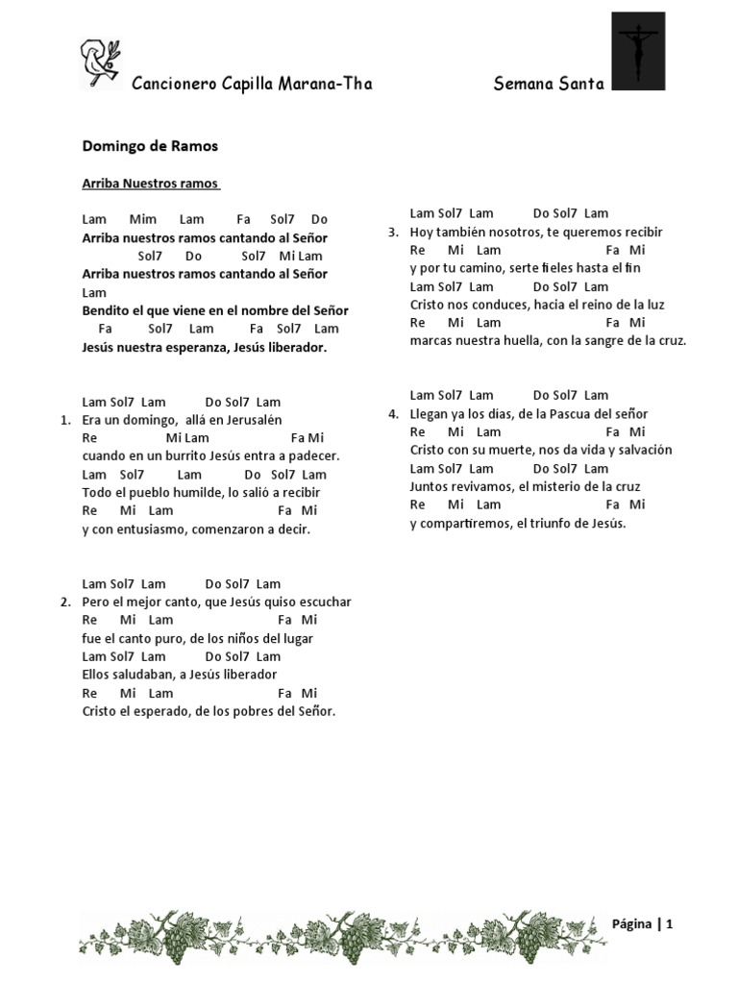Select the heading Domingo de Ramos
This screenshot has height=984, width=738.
pyautogui.click(x=150, y=146)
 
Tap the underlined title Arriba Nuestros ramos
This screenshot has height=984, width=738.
pyautogui.click(x=151, y=184)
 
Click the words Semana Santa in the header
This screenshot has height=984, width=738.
pyautogui.click(x=549, y=84)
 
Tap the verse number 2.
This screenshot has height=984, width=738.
pyautogui.click(x=65, y=603)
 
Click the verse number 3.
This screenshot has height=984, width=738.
pyautogui.click(x=393, y=233)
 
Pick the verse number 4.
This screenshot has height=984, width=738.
pyautogui.click(x=393, y=414)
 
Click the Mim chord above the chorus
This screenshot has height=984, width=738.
pyautogui.click(x=142, y=219)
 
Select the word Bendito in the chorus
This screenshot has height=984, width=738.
pyautogui.click(x=105, y=311)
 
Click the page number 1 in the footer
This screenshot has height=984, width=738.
pyautogui.click(x=669, y=924)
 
